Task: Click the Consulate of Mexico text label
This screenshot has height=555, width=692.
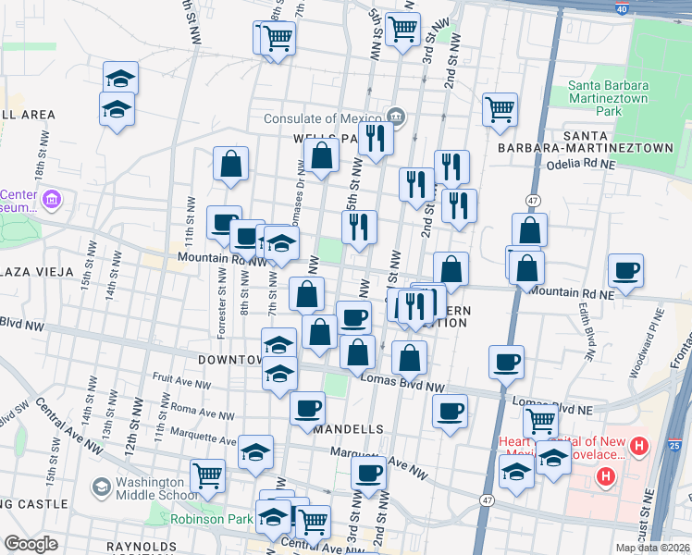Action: (x=322, y=118)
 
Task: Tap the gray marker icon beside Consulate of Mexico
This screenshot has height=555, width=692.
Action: (x=395, y=117)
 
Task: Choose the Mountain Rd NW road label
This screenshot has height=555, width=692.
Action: (x=222, y=259)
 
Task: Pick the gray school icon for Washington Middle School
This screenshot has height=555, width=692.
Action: (x=102, y=487)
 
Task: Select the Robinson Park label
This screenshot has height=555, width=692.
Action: (x=211, y=519)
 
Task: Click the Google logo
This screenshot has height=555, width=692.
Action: (x=31, y=544)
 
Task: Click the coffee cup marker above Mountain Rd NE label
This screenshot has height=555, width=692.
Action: (x=626, y=271)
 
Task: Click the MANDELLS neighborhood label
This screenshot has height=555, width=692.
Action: (x=348, y=430)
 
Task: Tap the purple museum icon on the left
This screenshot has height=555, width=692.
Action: (x=52, y=200)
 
